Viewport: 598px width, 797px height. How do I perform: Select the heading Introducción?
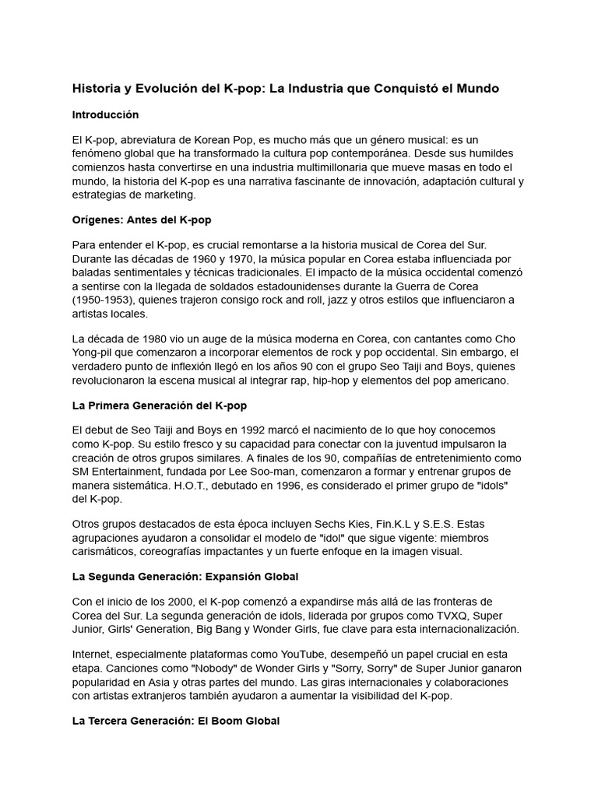(105, 114)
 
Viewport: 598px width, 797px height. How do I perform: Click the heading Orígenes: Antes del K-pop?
(142, 220)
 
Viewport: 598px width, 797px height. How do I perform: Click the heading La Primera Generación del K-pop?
(160, 406)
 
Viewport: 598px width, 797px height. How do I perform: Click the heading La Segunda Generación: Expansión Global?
(185, 577)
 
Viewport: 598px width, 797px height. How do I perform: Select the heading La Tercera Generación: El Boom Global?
(176, 722)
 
